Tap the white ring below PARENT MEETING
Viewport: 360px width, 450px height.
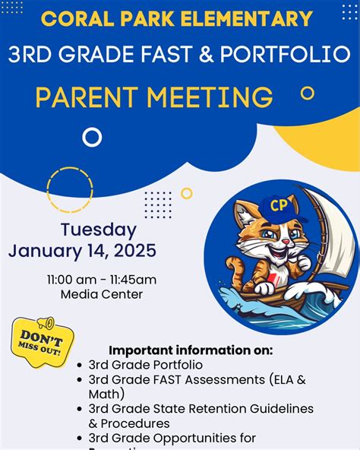[92, 137]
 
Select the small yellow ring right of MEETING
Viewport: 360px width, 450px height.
[307, 93]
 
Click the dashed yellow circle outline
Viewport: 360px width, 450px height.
[70, 189]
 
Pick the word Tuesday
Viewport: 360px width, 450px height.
[99, 230]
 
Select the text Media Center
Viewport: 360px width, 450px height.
[101, 294]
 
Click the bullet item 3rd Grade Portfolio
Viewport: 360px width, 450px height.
[146, 365]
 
